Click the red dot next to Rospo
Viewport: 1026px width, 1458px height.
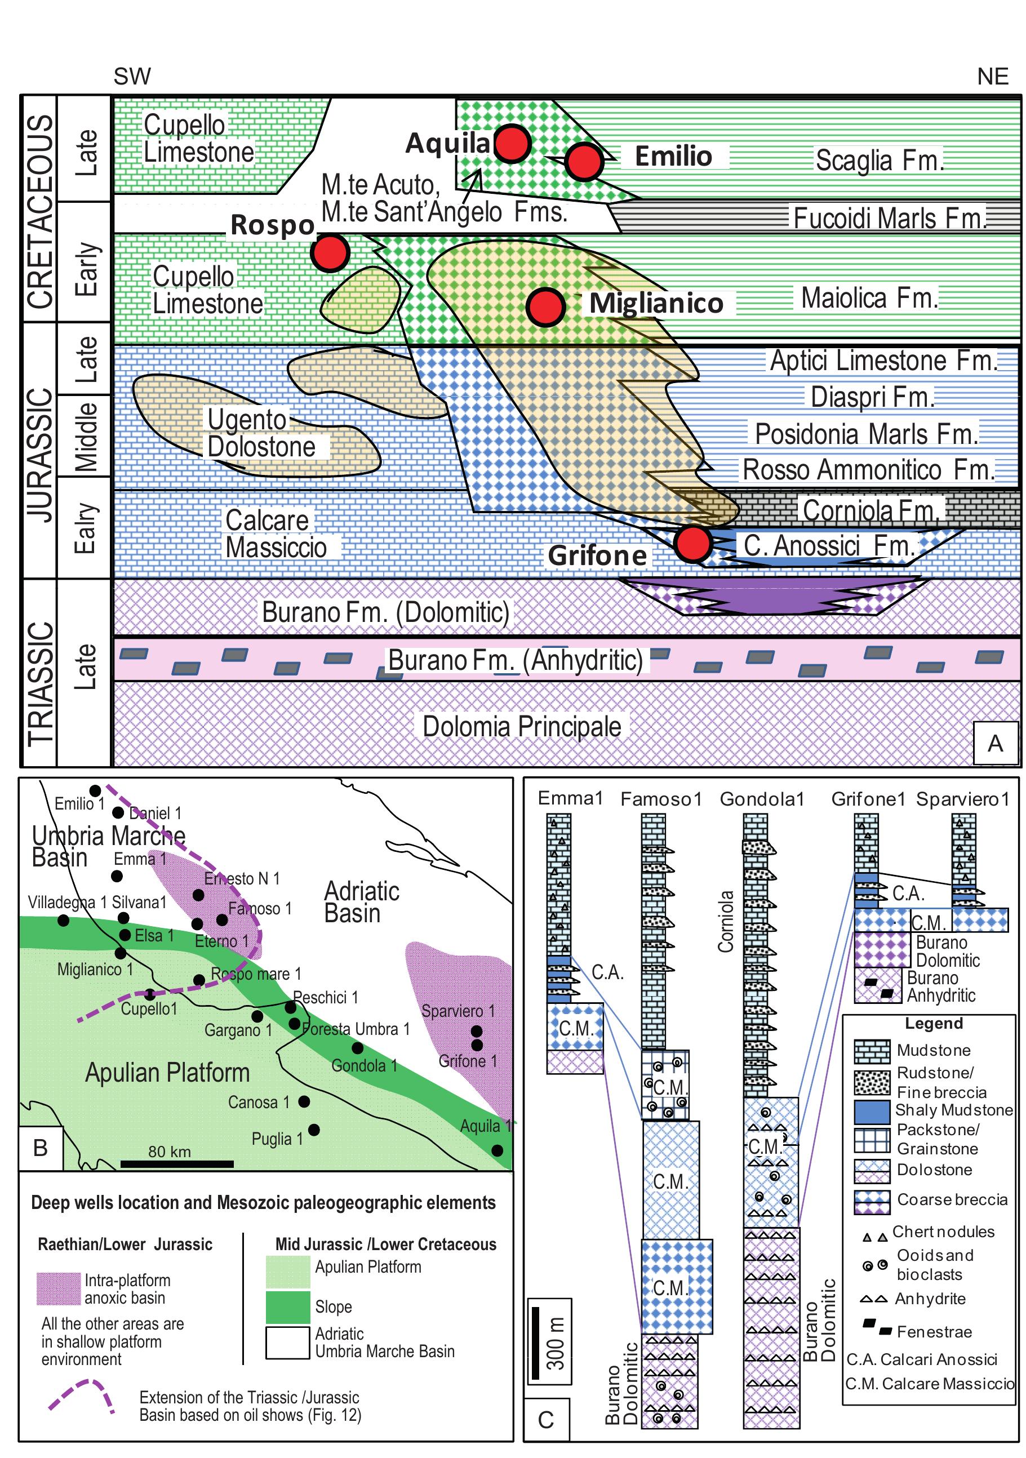330,252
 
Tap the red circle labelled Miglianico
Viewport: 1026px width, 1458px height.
545,306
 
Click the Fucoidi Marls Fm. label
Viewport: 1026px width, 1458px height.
889,218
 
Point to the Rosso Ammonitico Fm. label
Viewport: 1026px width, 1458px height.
867,470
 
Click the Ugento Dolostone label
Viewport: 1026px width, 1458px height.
261,433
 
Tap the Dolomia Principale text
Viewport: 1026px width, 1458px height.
521,726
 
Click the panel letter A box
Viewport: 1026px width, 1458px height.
994,743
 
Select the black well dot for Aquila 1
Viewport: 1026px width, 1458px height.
497,1150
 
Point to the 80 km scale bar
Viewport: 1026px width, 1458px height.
176,1164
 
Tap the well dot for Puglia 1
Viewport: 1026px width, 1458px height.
314,1130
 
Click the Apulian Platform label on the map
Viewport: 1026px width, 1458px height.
167,1073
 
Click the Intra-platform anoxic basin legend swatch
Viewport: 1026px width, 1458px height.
58,1288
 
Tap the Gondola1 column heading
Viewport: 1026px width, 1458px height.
761,799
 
